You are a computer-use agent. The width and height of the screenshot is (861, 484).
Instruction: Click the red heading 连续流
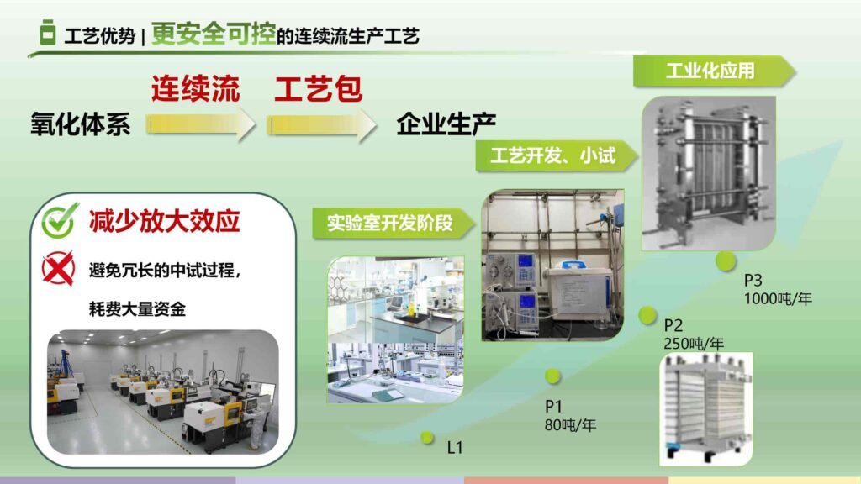196,88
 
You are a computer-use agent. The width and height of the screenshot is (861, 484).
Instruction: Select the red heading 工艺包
318,88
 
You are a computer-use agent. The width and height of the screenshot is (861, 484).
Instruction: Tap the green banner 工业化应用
710,71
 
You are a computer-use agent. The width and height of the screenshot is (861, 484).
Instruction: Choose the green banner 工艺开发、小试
552,156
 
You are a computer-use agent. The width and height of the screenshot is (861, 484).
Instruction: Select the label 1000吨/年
778,298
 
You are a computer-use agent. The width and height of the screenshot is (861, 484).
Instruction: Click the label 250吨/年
694,343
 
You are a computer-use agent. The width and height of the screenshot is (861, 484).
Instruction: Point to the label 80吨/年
570,425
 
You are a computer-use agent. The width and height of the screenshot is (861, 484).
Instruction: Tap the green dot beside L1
427,437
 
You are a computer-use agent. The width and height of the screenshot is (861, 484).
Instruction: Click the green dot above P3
726,260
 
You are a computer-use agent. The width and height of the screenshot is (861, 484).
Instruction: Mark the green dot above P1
552,376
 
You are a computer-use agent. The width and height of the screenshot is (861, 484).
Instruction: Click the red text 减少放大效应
165,221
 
